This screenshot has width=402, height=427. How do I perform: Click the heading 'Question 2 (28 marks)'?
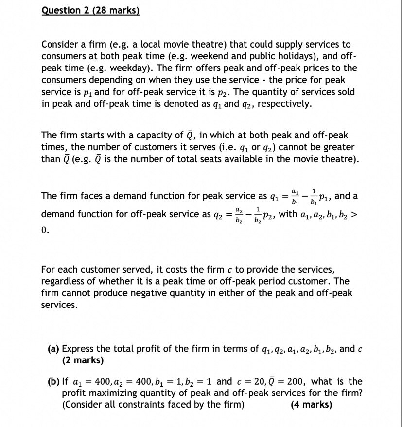point(90,10)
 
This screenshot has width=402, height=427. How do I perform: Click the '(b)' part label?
point(54,381)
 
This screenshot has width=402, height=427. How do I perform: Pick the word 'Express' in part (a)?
point(78,348)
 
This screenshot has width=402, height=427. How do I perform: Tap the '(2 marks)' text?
point(83,360)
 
